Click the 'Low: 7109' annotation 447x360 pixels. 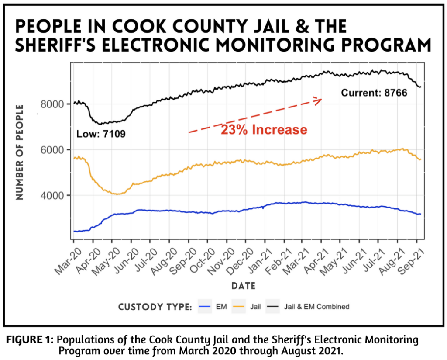point(101,134)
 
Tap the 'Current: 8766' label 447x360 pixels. point(374,93)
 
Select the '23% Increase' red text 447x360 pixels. point(264,130)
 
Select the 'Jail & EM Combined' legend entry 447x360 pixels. point(309,307)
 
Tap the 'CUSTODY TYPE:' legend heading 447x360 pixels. point(155,307)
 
